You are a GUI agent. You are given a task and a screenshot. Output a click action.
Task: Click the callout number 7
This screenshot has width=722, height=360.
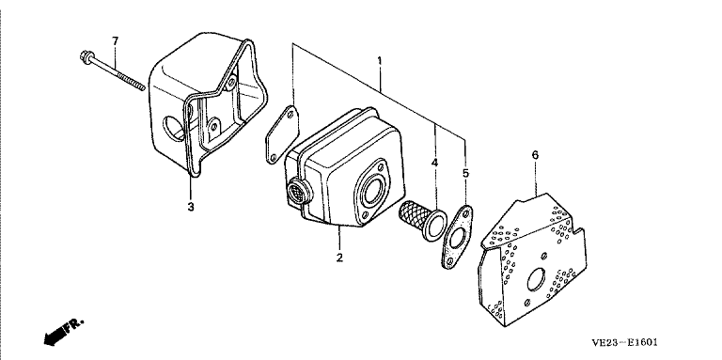point(115,41)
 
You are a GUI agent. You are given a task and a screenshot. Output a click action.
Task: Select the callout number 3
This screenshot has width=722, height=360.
point(191,207)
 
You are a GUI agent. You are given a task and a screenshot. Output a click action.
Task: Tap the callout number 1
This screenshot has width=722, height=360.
point(380,61)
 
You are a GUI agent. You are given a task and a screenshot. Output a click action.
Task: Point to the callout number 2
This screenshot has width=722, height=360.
point(339,258)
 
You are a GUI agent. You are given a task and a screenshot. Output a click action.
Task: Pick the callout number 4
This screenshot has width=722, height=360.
point(434,162)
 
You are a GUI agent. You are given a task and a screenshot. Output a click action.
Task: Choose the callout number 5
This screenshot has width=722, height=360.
point(465,173)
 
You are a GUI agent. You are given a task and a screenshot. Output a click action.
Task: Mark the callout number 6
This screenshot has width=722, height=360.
point(535,155)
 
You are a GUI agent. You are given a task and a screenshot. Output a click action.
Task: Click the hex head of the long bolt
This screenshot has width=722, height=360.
point(86,56)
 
